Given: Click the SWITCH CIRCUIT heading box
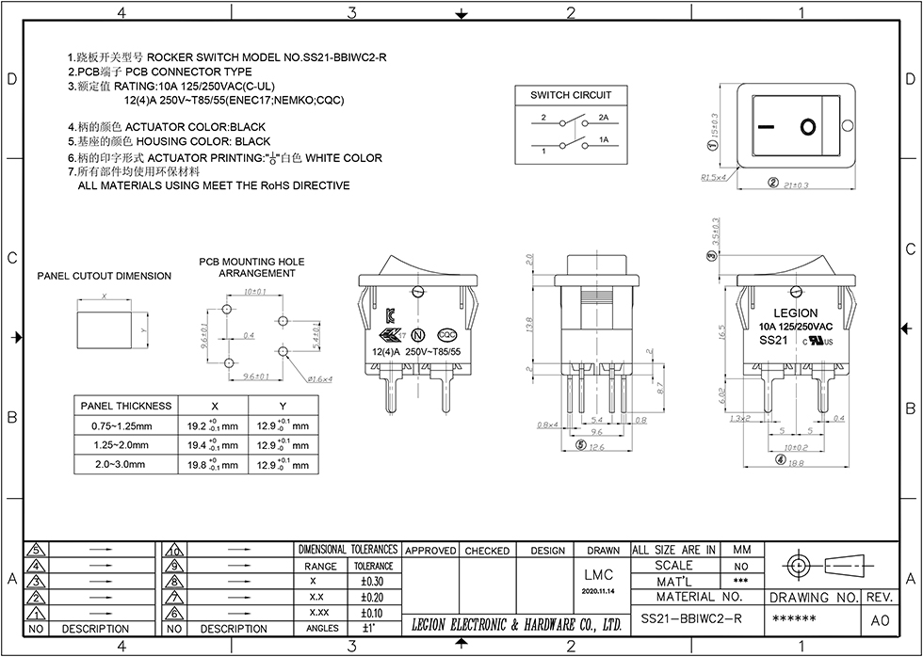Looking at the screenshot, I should click(x=571, y=95).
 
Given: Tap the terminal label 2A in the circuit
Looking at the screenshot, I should click(x=604, y=119).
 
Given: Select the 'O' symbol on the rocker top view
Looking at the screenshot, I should click(x=807, y=126).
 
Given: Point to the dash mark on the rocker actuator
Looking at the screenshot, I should click(x=768, y=126).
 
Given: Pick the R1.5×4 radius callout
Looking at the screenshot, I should click(x=713, y=176).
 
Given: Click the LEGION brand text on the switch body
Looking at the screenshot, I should click(x=795, y=312).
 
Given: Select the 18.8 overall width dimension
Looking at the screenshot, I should click(x=796, y=461).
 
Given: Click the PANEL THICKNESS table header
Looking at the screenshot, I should click(x=126, y=406).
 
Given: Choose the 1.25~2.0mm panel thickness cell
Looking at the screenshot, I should click(x=121, y=444).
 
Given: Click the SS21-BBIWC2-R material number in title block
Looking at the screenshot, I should click(x=691, y=618).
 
